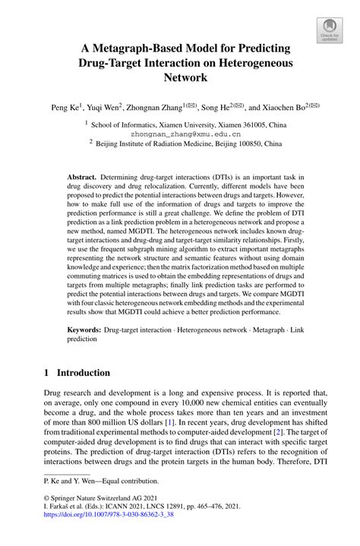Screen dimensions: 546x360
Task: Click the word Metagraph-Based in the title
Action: tap(146, 48)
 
